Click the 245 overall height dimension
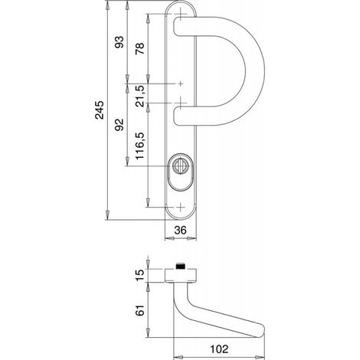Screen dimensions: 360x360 (99, 110)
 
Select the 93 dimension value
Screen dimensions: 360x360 (119, 42)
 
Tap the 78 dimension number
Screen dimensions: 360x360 (140, 48)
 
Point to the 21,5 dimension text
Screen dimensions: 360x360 (140, 96)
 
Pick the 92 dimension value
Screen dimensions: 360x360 (119, 125)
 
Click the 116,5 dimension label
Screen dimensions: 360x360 (140, 146)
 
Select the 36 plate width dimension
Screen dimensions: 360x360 (181, 230)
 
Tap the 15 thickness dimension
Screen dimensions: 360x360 (140, 275)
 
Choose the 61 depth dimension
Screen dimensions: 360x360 (140, 310)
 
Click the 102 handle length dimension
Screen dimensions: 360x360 (219, 349)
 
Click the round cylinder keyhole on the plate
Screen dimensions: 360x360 (181, 166)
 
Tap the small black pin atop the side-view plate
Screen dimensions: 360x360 (181, 266)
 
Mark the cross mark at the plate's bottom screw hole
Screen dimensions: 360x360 (181, 207)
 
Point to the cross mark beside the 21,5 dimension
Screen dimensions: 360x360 (181, 83)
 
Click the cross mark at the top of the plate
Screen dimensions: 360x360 (181, 14)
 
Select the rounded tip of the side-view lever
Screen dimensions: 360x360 (261, 332)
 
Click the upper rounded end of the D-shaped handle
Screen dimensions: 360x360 (178, 26)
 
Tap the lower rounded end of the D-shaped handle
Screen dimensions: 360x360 (178, 116)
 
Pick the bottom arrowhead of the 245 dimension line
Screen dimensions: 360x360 (107, 215)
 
